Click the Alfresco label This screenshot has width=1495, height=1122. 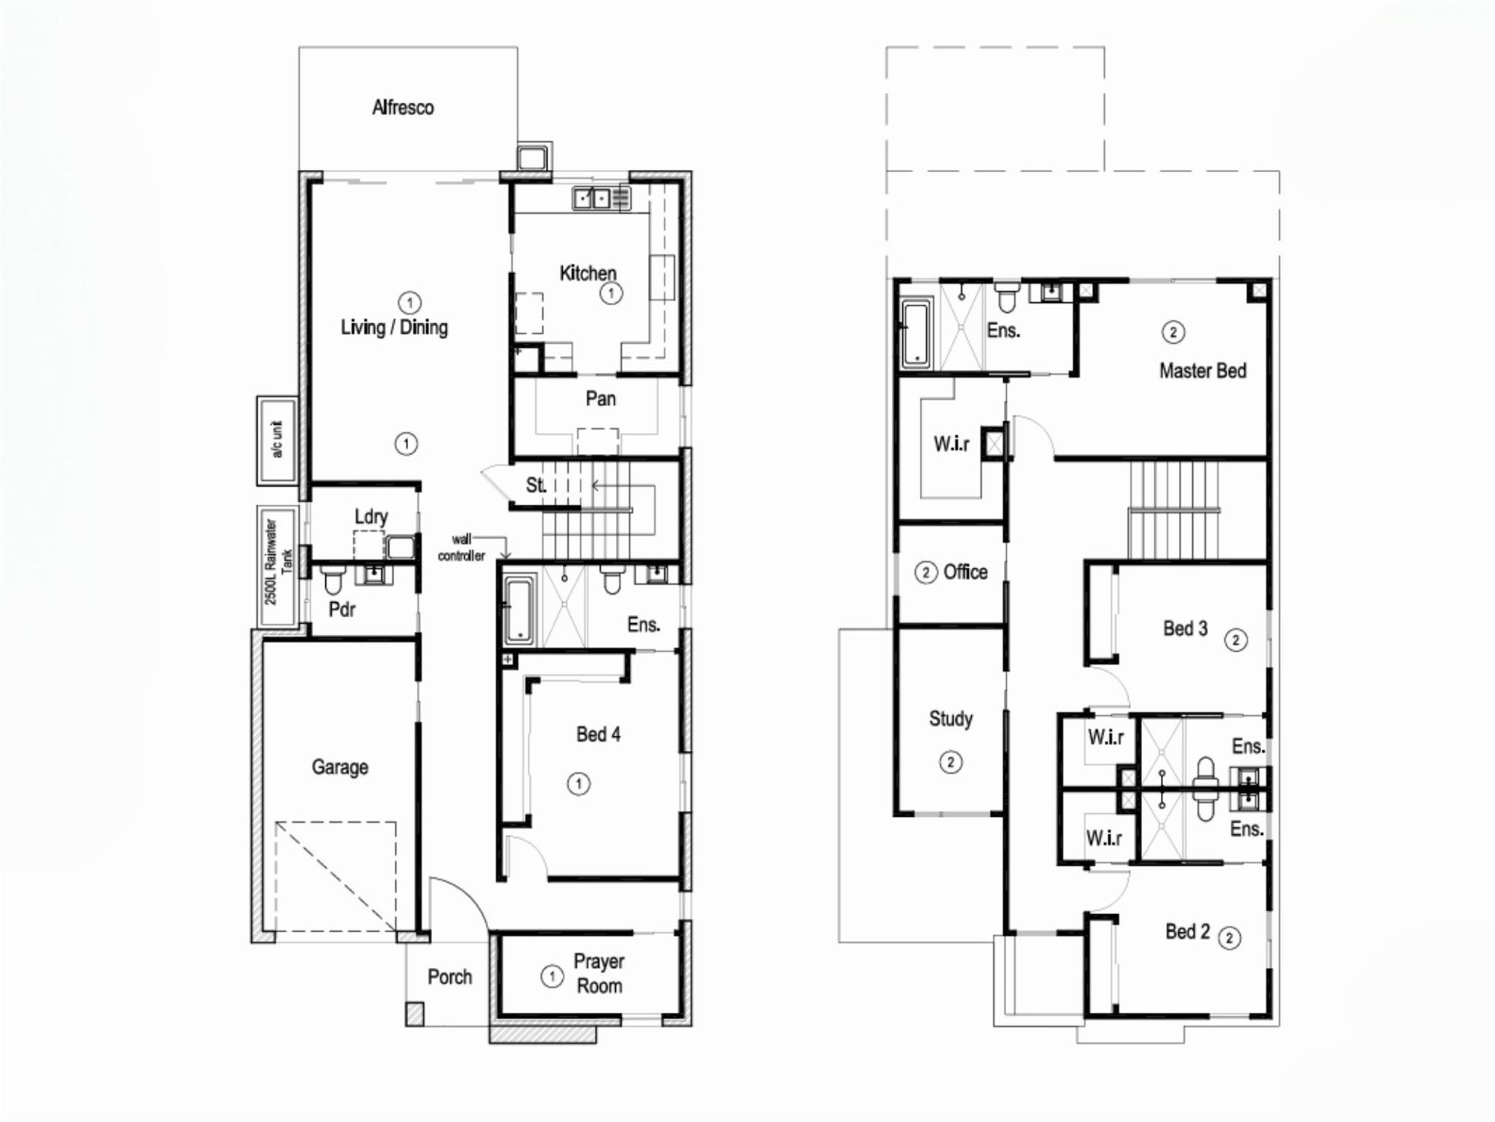click(x=403, y=108)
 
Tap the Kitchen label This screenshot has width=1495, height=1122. click(x=588, y=273)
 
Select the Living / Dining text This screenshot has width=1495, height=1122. click(x=394, y=328)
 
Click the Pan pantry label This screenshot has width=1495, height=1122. click(x=601, y=399)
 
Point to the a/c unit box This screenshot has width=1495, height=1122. click(x=277, y=440)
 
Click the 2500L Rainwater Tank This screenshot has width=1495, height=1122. click(x=277, y=566)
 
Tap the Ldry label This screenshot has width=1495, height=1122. click(x=371, y=517)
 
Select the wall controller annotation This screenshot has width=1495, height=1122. click(x=461, y=548)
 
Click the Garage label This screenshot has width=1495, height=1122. click(x=340, y=767)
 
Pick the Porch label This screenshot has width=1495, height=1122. click(x=449, y=977)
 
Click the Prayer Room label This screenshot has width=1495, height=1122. click(x=599, y=973)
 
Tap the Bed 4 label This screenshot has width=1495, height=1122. click(x=598, y=735)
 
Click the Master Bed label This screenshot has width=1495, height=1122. click(x=1203, y=371)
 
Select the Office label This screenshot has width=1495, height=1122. click(x=965, y=572)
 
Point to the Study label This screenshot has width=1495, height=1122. click(x=951, y=719)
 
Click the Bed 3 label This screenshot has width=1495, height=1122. click(x=1185, y=628)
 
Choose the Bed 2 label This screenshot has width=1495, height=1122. click(x=1187, y=931)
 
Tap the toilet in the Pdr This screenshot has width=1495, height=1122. click(x=333, y=579)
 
